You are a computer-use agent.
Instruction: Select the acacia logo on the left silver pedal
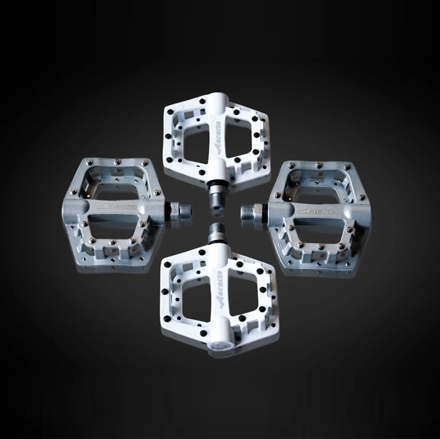(117, 207)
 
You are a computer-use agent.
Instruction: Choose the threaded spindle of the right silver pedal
(250, 212)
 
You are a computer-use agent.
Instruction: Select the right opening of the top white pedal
(238, 142)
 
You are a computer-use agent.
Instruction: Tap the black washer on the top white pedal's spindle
(217, 183)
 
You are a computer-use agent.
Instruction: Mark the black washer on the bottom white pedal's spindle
(217, 242)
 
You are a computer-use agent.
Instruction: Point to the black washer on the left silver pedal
(168, 211)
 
